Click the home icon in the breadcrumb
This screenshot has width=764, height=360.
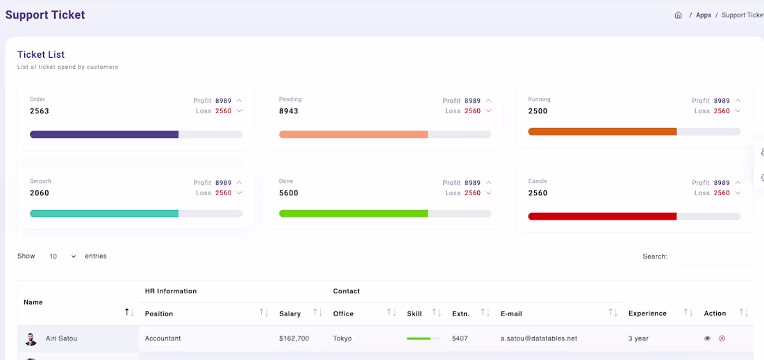pyautogui.click(x=678, y=15)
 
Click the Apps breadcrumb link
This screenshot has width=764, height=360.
pyautogui.click(x=704, y=15)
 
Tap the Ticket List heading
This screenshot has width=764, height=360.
pyautogui.click(x=41, y=55)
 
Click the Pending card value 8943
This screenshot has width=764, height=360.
pyautogui.click(x=289, y=111)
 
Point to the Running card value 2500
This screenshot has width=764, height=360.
pyautogui.click(x=538, y=111)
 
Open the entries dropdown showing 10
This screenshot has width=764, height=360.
pyautogui.click(x=63, y=256)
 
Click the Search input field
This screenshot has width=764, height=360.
pyautogui.click(x=715, y=256)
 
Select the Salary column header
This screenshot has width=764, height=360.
pyautogui.click(x=290, y=313)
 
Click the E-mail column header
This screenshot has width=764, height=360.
pyautogui.click(x=511, y=313)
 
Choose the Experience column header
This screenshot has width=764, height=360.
pyautogui.click(x=647, y=313)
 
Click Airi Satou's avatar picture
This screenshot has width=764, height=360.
pyautogui.click(x=31, y=339)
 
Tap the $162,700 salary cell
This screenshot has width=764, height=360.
pyautogui.click(x=294, y=338)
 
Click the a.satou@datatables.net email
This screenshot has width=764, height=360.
pyautogui.click(x=539, y=338)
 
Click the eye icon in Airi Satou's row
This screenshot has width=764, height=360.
pyautogui.click(x=707, y=338)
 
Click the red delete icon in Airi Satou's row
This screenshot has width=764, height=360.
pyautogui.click(x=722, y=338)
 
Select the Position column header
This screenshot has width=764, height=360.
pyautogui.click(x=159, y=313)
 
